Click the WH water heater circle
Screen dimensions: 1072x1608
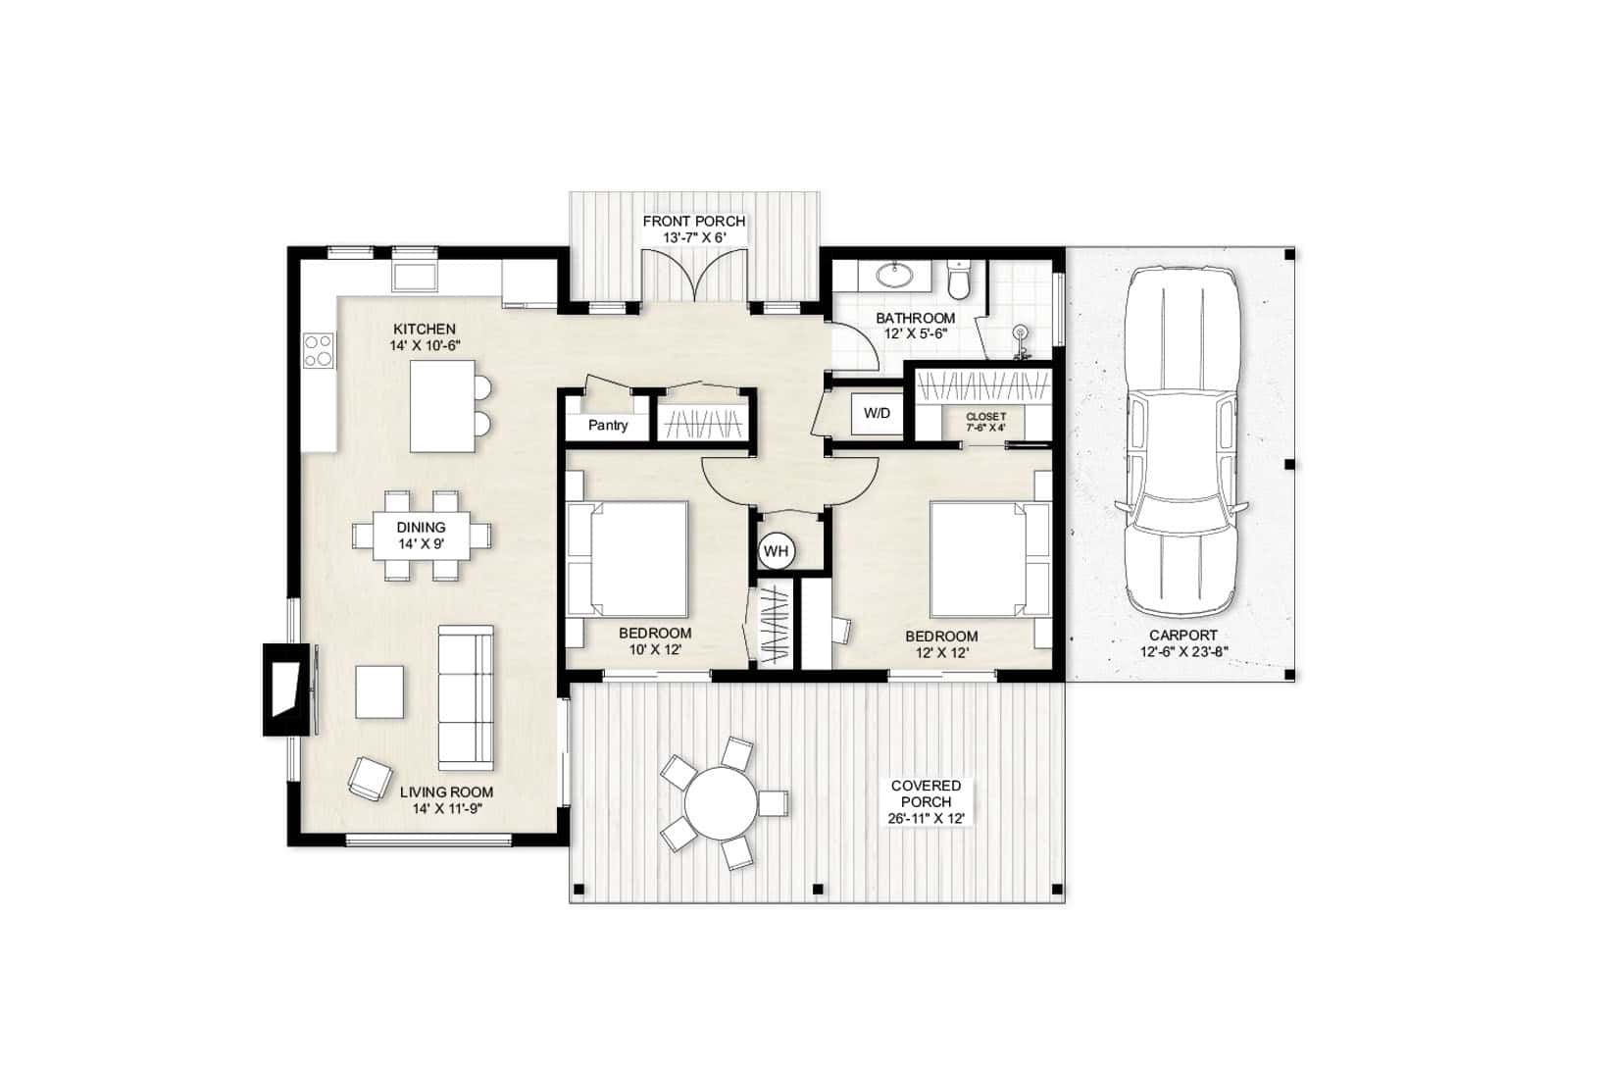(776, 551)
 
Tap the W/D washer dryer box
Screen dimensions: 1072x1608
(877, 413)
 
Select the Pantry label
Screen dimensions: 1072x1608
(607, 426)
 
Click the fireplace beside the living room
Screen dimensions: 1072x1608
(285, 689)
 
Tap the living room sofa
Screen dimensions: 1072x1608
(465, 696)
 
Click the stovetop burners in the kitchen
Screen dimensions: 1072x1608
(319, 350)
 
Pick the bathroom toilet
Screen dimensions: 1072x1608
(959, 279)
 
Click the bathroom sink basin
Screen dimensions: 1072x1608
(893, 275)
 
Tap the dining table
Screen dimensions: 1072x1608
(422, 536)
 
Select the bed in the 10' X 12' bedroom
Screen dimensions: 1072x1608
(628, 558)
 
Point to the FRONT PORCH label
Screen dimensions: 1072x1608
(693, 222)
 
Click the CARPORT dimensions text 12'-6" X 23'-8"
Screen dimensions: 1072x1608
(1183, 651)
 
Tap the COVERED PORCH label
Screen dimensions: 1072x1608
(926, 793)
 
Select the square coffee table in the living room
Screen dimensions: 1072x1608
(379, 692)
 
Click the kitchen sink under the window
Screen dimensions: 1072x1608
(415, 273)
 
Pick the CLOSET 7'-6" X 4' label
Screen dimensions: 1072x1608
(985, 422)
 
